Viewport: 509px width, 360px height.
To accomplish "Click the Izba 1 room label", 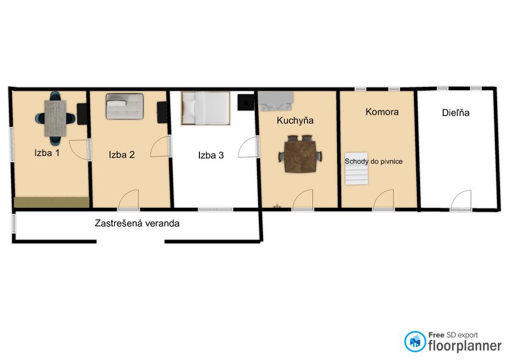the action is (47, 153).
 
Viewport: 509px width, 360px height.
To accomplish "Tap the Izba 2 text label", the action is (122, 154).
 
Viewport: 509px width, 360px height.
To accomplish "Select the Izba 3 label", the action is (211, 155).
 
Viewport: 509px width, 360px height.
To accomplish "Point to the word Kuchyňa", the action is (295, 120).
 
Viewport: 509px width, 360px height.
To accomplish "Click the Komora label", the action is (382, 112).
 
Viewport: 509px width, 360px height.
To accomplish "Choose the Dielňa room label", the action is (456, 112).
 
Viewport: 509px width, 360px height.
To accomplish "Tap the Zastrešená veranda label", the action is (137, 223).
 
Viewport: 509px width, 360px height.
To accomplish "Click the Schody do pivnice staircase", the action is (356, 169).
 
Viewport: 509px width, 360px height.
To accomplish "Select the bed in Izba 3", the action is (206, 108).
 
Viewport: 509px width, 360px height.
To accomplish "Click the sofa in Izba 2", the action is (125, 106).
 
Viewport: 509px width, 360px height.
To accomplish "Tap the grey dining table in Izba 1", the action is (56, 118).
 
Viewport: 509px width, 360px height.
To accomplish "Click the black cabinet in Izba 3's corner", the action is (245, 102).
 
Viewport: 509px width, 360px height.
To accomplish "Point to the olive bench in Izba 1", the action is (51, 202).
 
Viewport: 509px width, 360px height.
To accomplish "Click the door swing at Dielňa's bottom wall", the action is (461, 200).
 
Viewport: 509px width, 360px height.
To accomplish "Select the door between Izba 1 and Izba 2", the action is (79, 150).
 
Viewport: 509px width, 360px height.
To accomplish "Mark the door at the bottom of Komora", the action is (384, 200).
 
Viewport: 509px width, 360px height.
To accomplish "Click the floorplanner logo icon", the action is (415, 341).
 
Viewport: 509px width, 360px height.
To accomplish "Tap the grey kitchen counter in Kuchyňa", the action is (276, 101).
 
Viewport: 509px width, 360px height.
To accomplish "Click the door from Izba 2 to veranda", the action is (128, 200).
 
